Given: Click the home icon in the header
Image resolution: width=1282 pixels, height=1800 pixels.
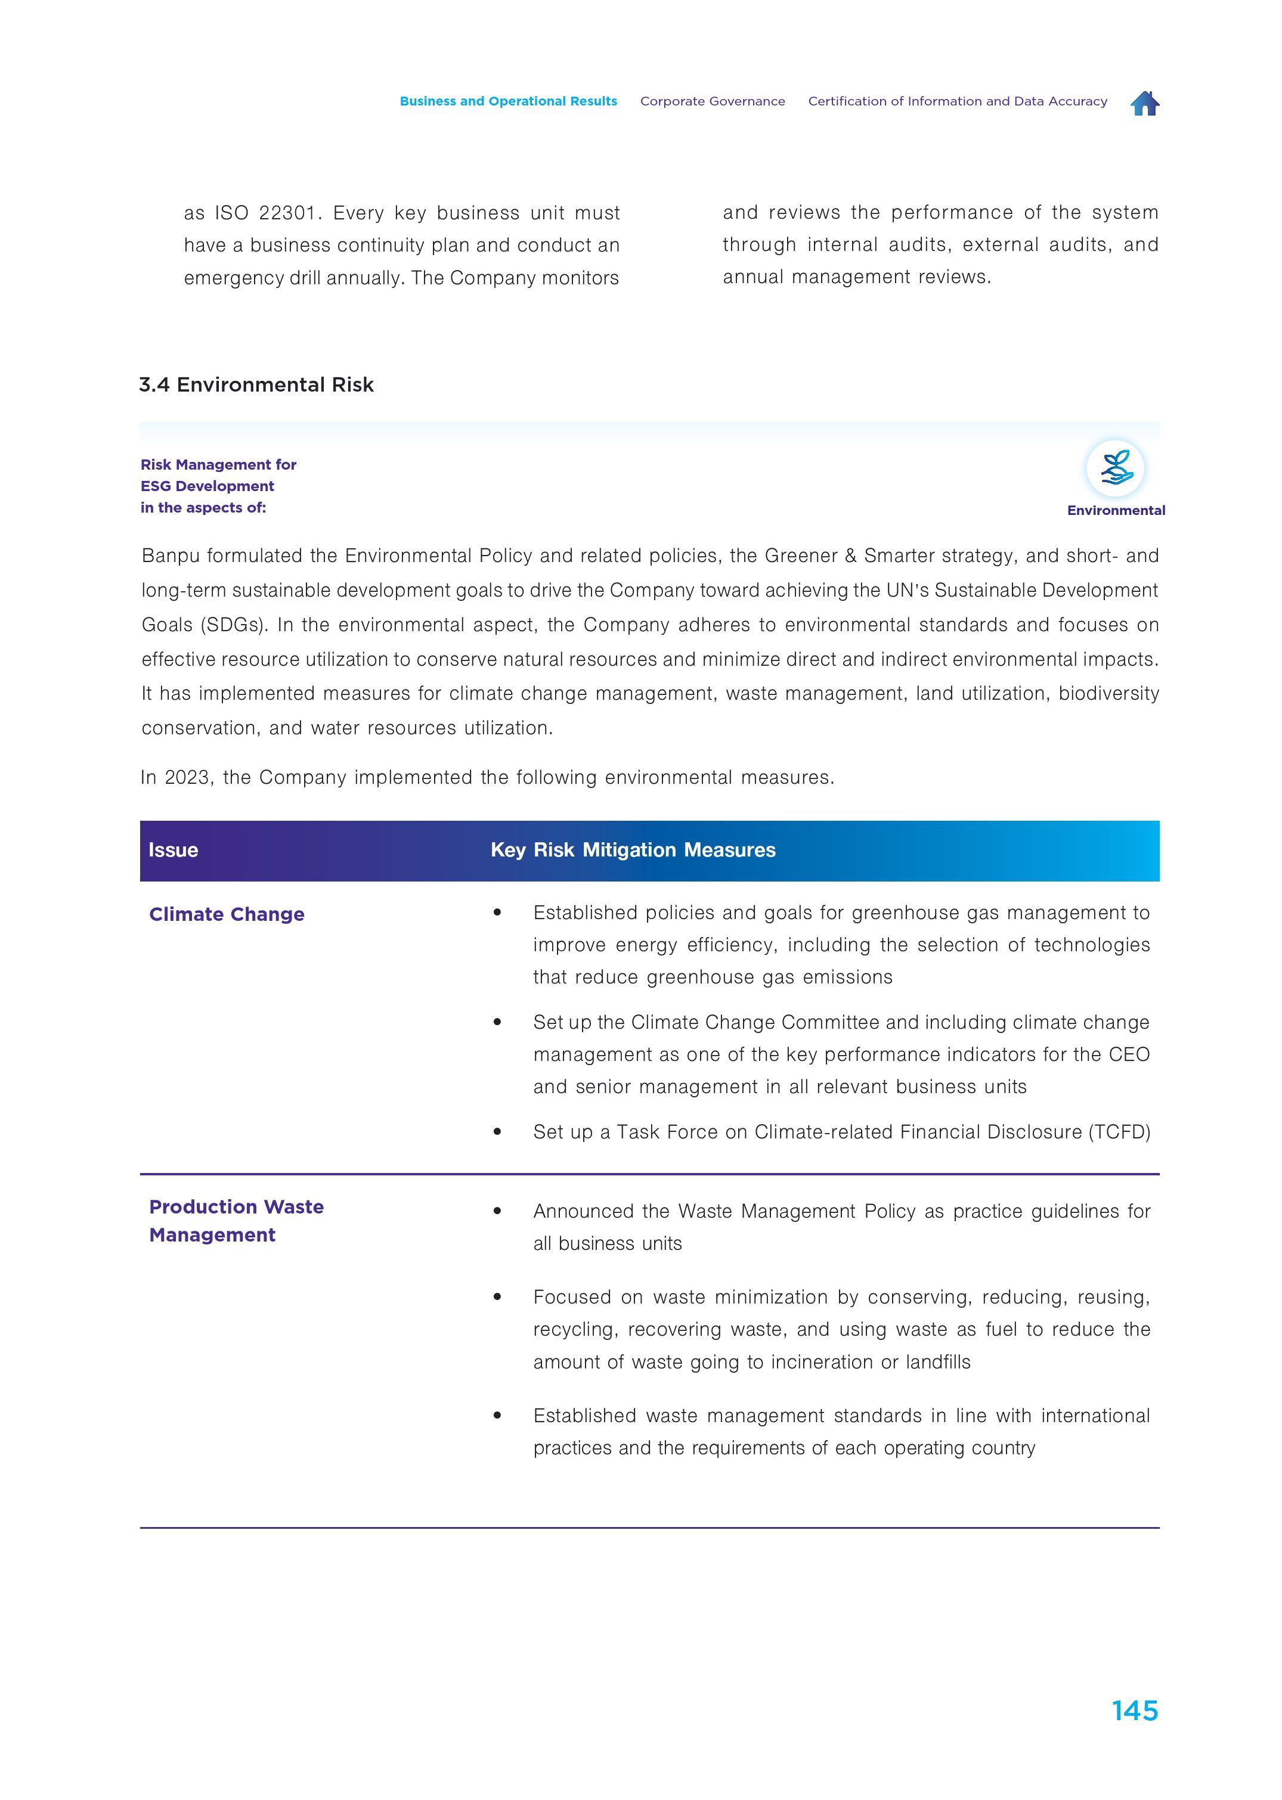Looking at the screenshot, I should click(1145, 103).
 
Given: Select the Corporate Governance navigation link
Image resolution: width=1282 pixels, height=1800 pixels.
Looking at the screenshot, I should click(712, 101).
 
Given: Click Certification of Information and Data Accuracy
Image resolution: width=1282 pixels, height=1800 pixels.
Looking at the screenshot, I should click(957, 101).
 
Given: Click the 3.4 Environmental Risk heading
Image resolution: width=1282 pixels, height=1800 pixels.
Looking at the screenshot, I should click(256, 384).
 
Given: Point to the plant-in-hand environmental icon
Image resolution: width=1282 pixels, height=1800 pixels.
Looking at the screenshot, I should click(1116, 468).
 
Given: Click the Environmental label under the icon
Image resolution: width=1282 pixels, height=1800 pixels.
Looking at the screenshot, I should click(1116, 511).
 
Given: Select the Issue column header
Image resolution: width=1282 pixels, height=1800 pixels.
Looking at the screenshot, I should click(173, 850).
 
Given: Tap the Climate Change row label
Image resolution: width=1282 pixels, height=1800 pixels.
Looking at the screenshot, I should click(227, 914).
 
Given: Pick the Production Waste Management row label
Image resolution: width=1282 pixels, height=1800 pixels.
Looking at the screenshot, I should click(236, 1220).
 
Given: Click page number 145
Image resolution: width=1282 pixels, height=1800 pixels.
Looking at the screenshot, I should click(1134, 1710).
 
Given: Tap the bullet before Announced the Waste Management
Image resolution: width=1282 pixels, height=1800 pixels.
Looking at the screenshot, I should click(497, 1211).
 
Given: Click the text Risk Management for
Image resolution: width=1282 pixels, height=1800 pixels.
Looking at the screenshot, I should click(218, 465).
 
